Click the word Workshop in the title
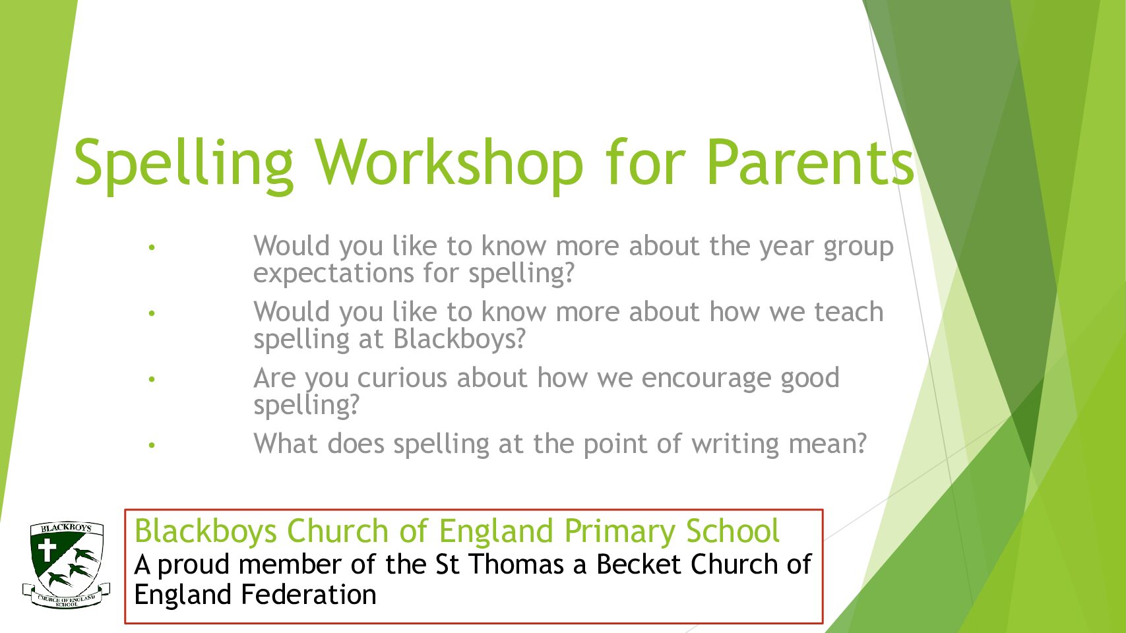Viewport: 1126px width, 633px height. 449,165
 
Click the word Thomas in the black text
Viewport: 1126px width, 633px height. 516,564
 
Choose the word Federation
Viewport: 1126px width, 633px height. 309,595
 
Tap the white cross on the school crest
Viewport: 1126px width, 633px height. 47,551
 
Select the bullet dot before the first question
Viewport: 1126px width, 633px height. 152,247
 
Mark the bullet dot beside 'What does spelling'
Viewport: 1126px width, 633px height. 152,445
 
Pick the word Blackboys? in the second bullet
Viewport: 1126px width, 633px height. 460,339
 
